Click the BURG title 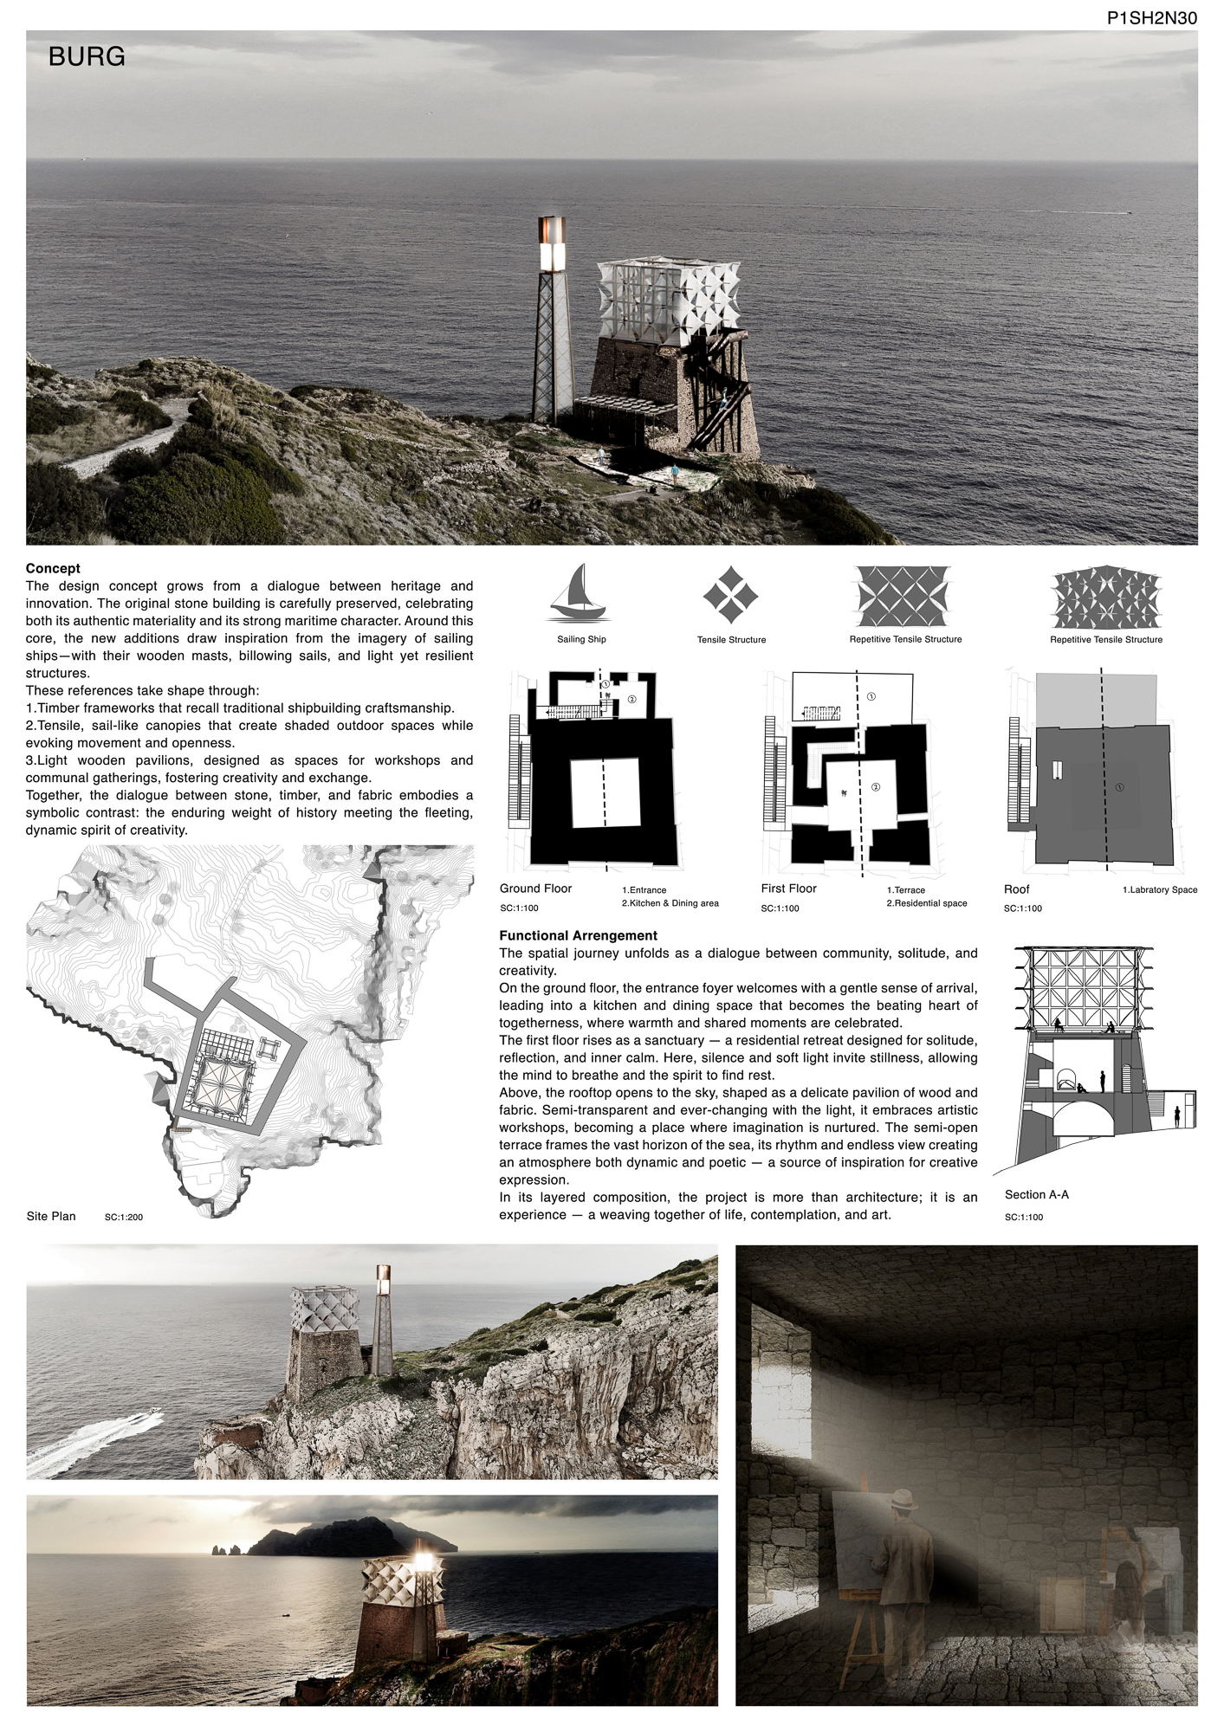click(x=87, y=57)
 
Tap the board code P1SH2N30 click(x=1151, y=16)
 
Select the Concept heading click(x=53, y=568)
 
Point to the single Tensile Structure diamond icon click(x=730, y=595)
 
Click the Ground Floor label click(x=535, y=889)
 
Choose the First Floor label click(x=788, y=889)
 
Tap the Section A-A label click(x=1036, y=1194)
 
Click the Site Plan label click(x=51, y=1216)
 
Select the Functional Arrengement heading click(x=578, y=935)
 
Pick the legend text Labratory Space click(x=1159, y=890)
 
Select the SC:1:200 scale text click(x=124, y=1218)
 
